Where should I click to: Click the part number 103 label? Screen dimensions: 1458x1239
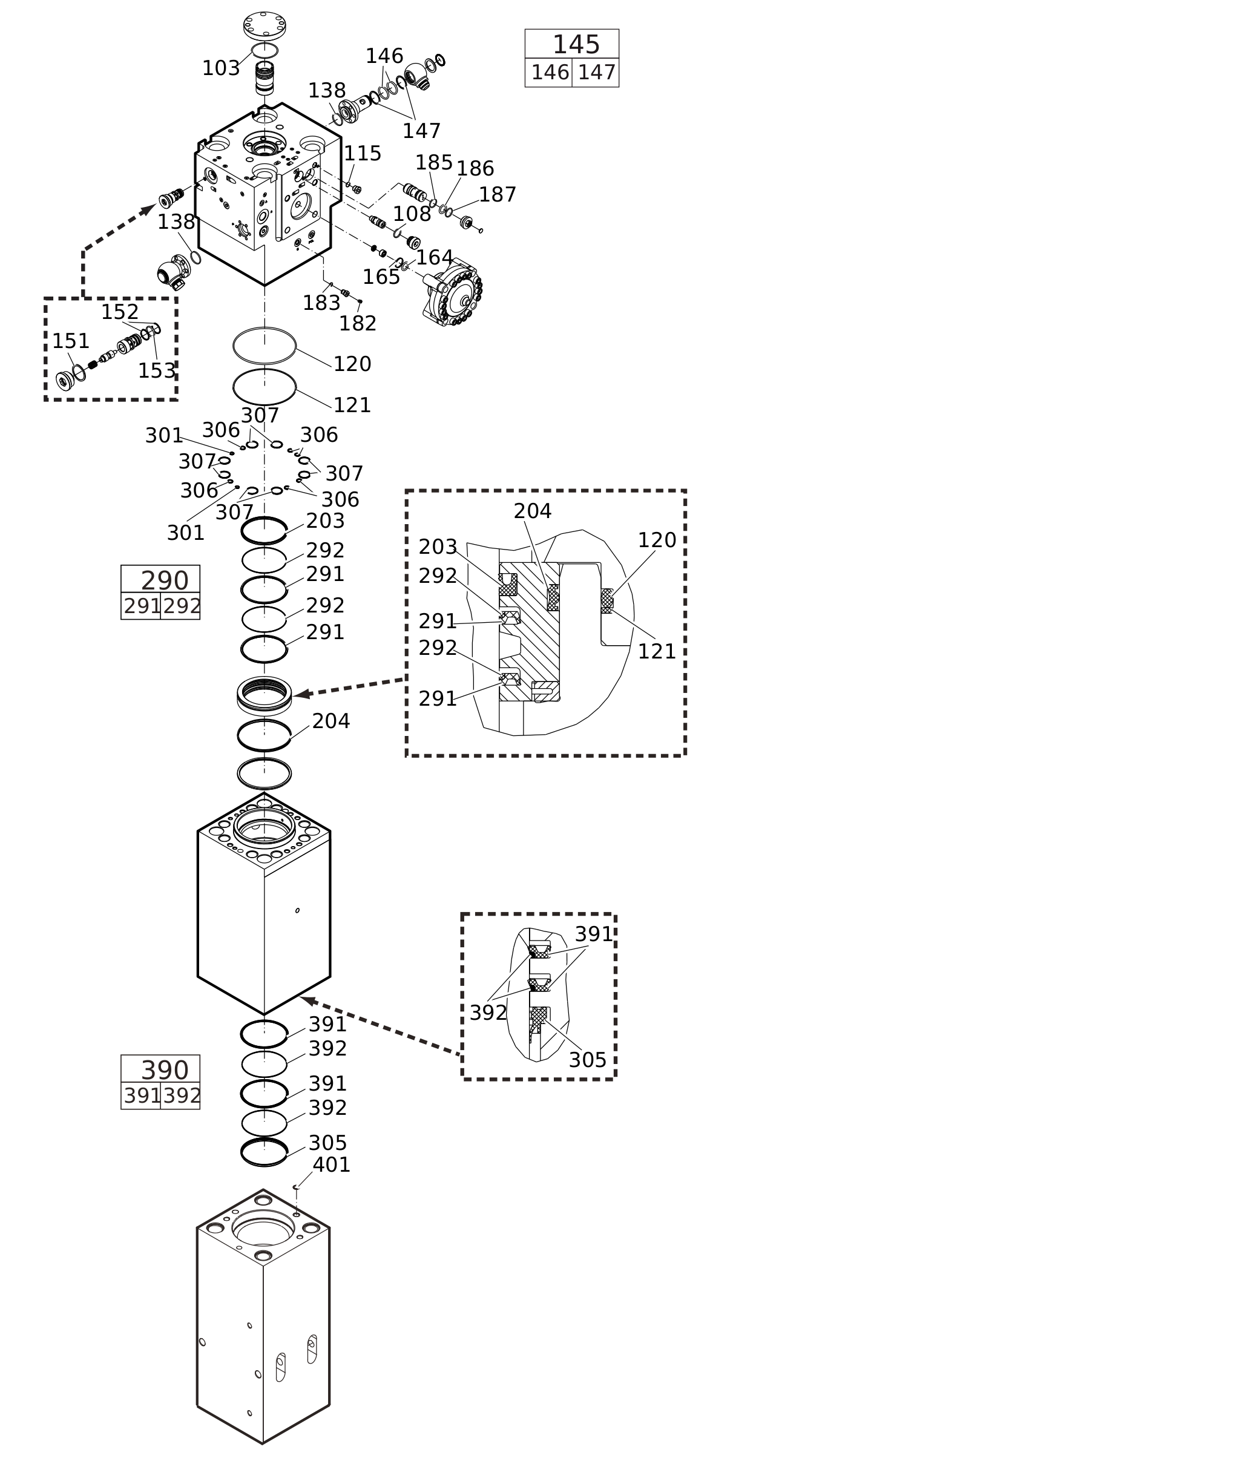(x=220, y=69)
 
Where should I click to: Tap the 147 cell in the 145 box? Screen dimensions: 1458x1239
(x=596, y=73)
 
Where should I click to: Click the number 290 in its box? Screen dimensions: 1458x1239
(x=165, y=581)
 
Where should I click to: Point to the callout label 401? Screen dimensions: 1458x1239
(x=331, y=1165)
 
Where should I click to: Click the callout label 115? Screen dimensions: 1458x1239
(x=362, y=154)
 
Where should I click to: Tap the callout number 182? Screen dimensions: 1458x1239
(x=358, y=324)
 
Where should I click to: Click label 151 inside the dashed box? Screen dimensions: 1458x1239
(x=70, y=341)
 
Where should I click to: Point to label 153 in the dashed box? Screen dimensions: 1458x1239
(x=156, y=371)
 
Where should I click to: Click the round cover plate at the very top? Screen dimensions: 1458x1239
(x=264, y=25)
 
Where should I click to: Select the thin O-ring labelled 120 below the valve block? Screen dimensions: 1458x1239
(x=264, y=346)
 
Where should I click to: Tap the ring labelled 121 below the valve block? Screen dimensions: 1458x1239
(x=264, y=387)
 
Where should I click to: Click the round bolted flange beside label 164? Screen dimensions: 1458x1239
(x=455, y=292)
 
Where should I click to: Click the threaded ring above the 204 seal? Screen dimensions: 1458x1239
(x=264, y=695)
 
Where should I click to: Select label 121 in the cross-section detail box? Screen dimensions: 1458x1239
(x=656, y=652)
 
